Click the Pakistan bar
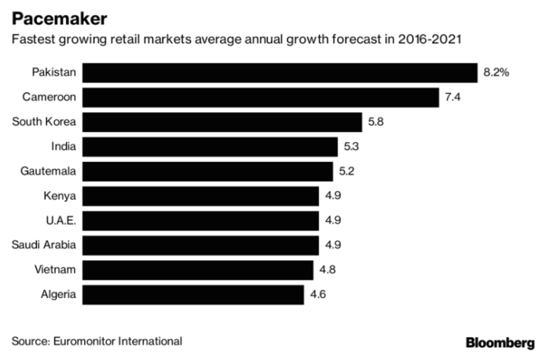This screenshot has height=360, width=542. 280,72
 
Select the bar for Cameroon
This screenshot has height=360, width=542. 260,97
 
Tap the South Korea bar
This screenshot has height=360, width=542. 222,122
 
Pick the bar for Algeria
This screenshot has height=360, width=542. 192,295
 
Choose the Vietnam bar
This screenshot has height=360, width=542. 197,270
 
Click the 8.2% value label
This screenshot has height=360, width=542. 496,72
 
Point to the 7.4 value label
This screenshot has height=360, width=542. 452,97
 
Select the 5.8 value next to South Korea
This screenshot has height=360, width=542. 376,122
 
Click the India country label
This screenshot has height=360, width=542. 63,147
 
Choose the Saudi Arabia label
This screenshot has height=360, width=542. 44,245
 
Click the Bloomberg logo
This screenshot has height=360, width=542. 500,342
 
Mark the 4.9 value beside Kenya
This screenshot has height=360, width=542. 333,196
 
